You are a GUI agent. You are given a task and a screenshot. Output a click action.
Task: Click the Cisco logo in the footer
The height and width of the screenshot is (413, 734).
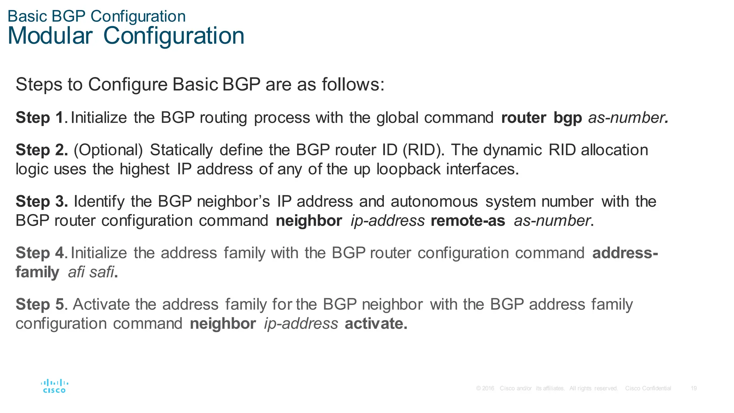pos(54,386)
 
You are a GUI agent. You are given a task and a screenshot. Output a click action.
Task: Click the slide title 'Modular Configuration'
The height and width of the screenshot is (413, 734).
pos(126,36)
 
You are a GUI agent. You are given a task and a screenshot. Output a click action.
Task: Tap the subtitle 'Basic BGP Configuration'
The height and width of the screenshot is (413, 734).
pos(96,16)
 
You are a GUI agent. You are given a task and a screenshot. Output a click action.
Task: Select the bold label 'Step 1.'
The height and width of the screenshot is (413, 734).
pos(41,118)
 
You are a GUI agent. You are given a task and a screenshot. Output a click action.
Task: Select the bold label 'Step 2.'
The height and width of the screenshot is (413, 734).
pos(42,150)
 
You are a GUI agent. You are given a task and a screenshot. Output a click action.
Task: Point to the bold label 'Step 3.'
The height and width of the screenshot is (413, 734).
pos(42,202)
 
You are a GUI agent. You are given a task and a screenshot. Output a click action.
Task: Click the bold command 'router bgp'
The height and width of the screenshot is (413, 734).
pos(541,118)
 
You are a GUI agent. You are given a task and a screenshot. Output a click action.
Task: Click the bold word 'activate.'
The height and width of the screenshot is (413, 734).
pos(376,324)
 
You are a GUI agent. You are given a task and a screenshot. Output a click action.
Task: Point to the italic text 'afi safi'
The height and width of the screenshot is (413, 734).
pos(91,272)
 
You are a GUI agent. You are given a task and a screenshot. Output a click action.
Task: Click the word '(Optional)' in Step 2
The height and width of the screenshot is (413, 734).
pos(108,150)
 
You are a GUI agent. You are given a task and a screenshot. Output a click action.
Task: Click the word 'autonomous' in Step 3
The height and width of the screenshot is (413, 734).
pos(434,202)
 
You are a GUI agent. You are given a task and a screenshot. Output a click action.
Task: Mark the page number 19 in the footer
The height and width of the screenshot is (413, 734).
pos(694,388)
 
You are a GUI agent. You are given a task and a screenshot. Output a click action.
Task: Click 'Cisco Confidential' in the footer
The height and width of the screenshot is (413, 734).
pos(648,388)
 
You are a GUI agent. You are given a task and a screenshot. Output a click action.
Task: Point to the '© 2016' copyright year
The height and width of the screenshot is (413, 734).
pos(485,388)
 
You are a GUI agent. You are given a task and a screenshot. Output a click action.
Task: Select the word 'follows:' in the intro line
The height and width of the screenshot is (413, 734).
pos(353,85)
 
